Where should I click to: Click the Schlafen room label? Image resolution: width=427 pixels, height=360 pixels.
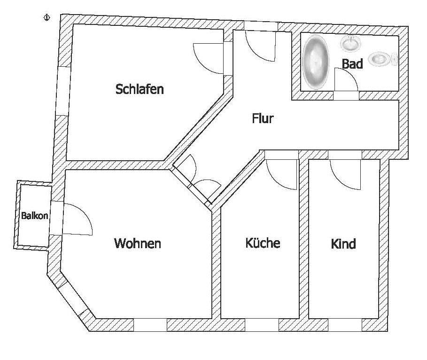(140, 89)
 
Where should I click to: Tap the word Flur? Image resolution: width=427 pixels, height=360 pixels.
(263, 118)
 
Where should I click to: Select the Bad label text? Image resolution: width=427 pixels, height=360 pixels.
(352, 64)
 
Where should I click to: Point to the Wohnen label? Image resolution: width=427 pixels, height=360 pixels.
(138, 243)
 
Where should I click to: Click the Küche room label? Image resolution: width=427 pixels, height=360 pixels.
(263, 243)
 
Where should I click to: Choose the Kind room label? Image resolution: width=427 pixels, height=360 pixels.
(343, 244)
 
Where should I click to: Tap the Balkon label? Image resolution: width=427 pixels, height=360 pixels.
(34, 216)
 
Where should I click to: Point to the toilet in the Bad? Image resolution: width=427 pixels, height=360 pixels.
(381, 59)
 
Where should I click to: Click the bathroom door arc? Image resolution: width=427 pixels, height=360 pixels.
(347, 80)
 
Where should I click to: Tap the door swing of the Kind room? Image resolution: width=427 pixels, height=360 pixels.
(345, 174)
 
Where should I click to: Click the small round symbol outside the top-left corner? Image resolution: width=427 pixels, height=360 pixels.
(47, 18)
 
